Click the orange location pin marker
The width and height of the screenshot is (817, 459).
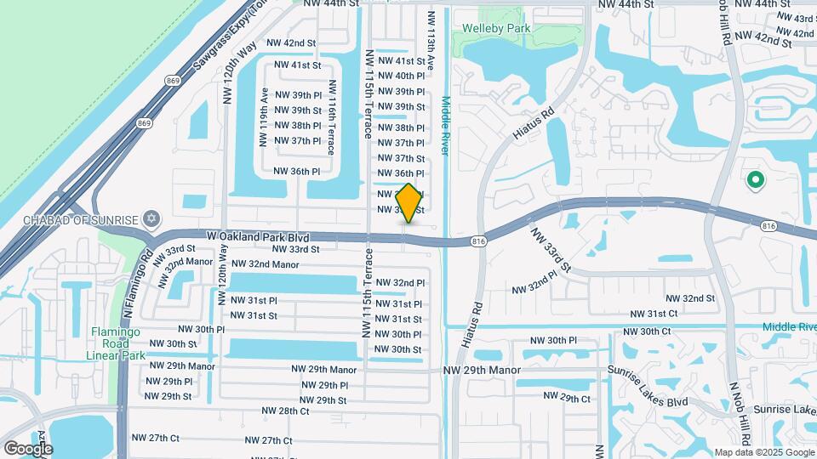tap(408, 202)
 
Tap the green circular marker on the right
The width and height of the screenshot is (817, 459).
tap(754, 180)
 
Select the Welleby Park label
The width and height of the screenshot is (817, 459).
tap(496, 28)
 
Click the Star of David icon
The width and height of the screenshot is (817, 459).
tap(152, 219)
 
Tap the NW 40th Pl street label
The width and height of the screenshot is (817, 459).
tap(401, 76)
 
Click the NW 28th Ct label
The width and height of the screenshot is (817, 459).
tap(282, 411)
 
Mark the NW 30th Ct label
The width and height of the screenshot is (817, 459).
tap(648, 331)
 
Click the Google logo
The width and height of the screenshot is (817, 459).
tap(28, 448)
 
